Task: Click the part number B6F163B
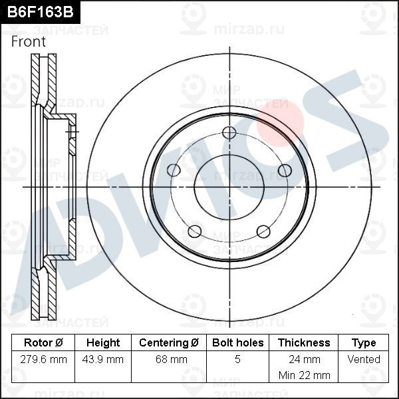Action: pyautogui.click(x=40, y=12)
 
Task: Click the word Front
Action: pyautogui.click(x=29, y=41)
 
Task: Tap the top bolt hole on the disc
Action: pyautogui.click(x=229, y=133)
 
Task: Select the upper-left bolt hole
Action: pyautogui.click(x=174, y=170)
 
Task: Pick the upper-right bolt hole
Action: pyautogui.click(x=285, y=170)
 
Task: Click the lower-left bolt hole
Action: pyautogui.click(x=195, y=231)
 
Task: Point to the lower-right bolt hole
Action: pyautogui.click(x=263, y=231)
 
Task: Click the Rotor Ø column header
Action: pyautogui.click(x=43, y=342)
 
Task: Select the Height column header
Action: pyautogui.click(x=103, y=342)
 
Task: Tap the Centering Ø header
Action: pyautogui.click(x=169, y=342)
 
